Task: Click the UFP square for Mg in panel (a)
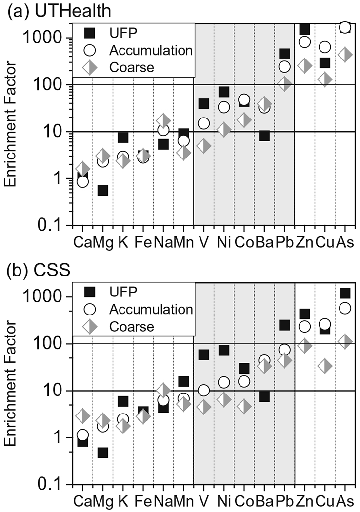[x=103, y=191]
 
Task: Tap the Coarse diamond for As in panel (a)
[x=345, y=55]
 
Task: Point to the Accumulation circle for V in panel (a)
[x=204, y=123]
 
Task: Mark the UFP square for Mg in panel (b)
[x=103, y=453]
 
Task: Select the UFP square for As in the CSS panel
[x=345, y=293]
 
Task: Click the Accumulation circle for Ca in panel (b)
[x=83, y=434]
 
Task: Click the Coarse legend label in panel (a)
[x=131, y=67]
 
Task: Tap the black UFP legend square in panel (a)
[x=89, y=34]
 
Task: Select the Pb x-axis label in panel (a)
[x=284, y=241]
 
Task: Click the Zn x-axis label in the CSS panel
[x=304, y=501]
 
